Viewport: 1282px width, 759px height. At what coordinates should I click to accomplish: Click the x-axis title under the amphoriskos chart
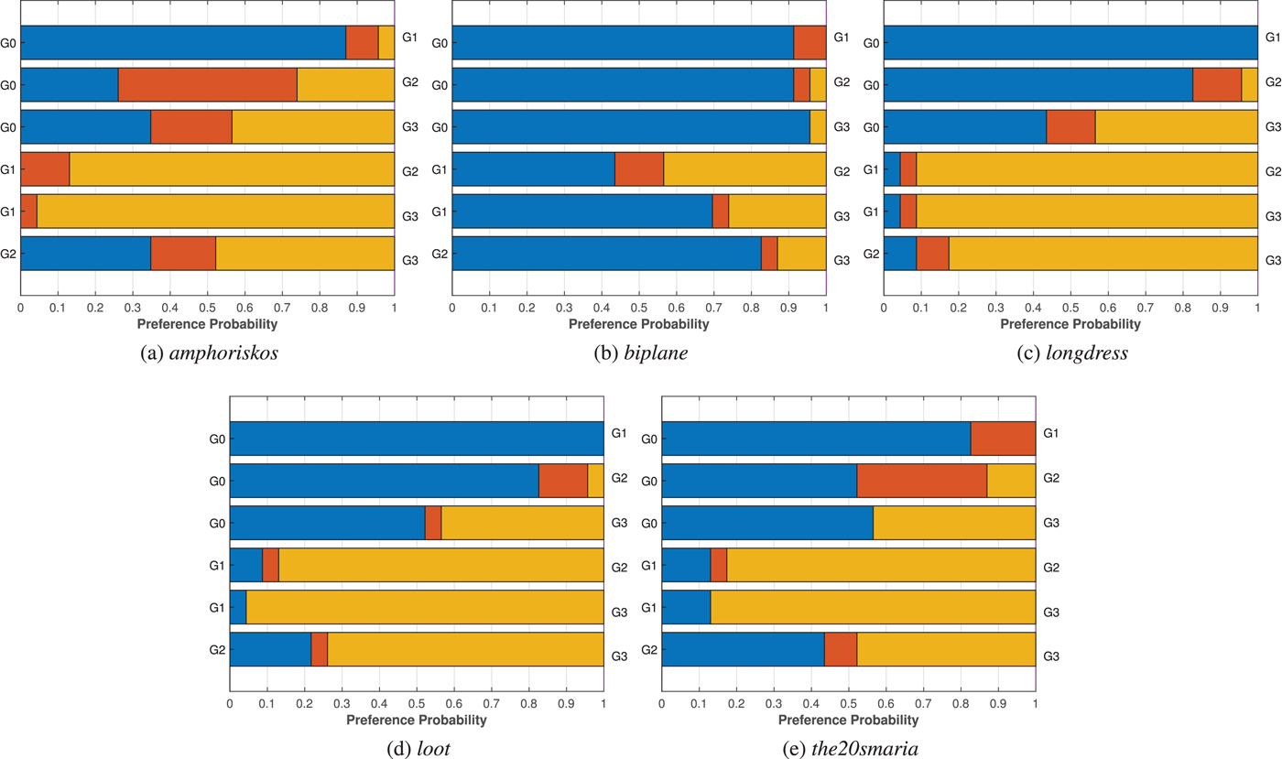pos(207,323)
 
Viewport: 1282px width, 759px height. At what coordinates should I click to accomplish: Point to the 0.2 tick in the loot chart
pos(304,705)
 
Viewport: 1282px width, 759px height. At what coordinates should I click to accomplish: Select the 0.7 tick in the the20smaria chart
pos(923,705)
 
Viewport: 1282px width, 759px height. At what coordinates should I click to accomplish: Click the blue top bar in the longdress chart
pos(1070,43)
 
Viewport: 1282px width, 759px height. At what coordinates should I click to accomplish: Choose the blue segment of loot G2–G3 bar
pos(270,649)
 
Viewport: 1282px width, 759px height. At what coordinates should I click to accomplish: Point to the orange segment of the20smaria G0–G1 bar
pos(1003,439)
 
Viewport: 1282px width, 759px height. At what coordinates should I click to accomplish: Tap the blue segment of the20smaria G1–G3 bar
pos(686,607)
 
